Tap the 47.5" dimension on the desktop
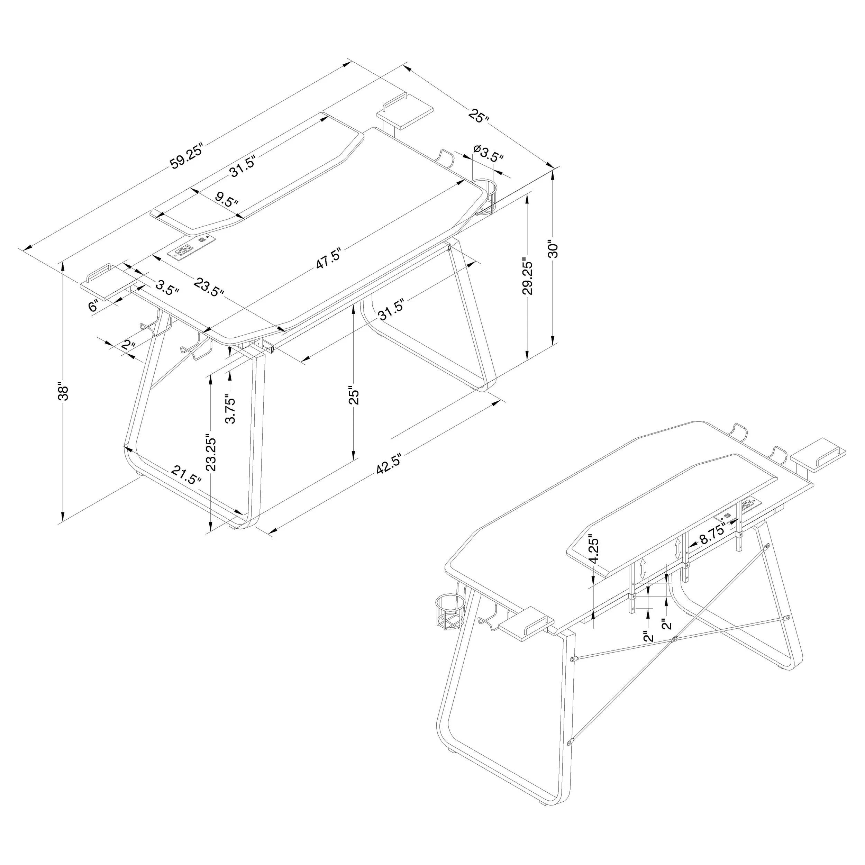click(329, 258)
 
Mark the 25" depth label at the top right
click(479, 116)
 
